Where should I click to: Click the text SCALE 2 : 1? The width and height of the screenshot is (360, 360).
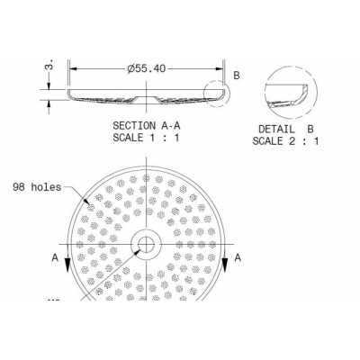tap(285, 140)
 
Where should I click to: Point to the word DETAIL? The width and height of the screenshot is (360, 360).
tap(274, 128)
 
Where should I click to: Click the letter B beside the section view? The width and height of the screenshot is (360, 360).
tap(236, 76)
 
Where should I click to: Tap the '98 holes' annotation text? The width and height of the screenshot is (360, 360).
tap(36, 187)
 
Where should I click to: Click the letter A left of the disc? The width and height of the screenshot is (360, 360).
tap(56, 256)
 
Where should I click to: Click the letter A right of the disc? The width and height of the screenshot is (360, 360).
tap(238, 256)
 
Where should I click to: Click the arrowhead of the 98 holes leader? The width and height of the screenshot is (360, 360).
tap(90, 206)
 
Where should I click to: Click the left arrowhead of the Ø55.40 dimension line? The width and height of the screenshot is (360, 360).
tap(73, 67)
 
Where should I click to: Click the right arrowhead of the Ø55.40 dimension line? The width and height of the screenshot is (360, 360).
tap(220, 67)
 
